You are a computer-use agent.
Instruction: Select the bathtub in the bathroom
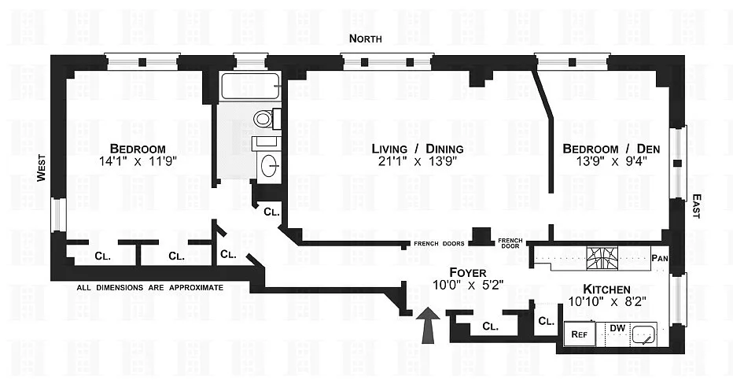pyautogui.click(x=250, y=86)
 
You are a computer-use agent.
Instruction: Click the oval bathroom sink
pyautogui.click(x=269, y=166)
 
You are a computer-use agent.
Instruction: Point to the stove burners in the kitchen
pyautogui.click(x=602, y=257)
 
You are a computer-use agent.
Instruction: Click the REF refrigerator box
pyautogui.click(x=580, y=334)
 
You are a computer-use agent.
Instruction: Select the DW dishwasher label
pyautogui.click(x=617, y=328)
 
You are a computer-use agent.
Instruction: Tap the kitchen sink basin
pyautogui.click(x=645, y=334)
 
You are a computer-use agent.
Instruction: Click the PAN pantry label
pyautogui.click(x=660, y=257)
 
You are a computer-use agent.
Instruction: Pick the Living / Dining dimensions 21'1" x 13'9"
pyautogui.click(x=418, y=162)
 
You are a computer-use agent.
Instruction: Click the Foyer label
pyautogui.click(x=467, y=272)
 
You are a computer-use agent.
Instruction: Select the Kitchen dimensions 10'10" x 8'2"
pyautogui.click(x=607, y=301)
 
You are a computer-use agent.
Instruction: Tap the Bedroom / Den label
pyautogui.click(x=611, y=149)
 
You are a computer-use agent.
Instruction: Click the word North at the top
pyautogui.click(x=366, y=39)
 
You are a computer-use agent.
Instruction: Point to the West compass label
pyautogui.click(x=42, y=168)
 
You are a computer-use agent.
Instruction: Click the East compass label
pyautogui.click(x=696, y=206)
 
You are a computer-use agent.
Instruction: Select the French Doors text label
pyautogui.click(x=440, y=244)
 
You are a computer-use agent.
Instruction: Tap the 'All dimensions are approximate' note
pyautogui.click(x=150, y=287)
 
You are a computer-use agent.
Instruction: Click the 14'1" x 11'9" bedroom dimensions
pyautogui.click(x=138, y=162)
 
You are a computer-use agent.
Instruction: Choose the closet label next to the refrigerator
pyautogui.click(x=546, y=321)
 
